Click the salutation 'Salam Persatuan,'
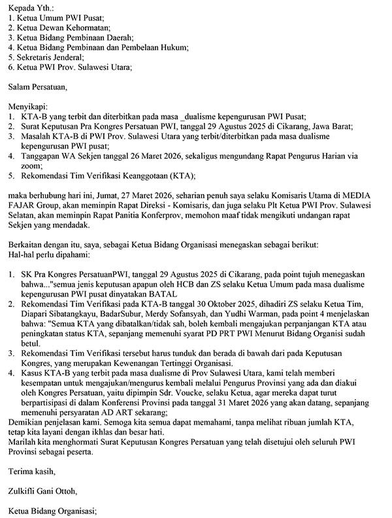point(39,86)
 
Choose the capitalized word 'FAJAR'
point(24,205)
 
